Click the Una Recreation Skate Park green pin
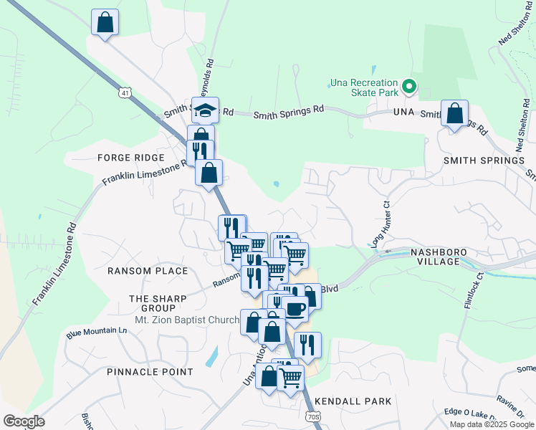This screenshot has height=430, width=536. click(x=409, y=87)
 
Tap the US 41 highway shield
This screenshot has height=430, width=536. click(x=126, y=93)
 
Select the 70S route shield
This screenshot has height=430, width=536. click(x=312, y=416)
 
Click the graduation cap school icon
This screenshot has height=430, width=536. click(x=205, y=111)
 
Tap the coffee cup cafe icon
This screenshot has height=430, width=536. click(x=295, y=308)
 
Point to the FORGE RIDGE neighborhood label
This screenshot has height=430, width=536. click(x=131, y=158)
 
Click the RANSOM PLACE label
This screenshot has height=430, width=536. click(x=148, y=271)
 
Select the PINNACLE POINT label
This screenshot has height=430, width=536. click(x=150, y=372)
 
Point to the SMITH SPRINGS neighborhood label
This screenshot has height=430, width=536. click(x=484, y=161)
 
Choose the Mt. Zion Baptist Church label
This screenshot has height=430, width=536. click(x=187, y=320)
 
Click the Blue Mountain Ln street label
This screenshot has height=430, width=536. click(x=96, y=333)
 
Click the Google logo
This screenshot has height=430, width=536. click(x=24, y=421)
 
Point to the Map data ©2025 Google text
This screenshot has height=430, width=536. click(x=491, y=424)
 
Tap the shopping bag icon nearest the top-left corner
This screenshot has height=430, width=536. click(x=105, y=22)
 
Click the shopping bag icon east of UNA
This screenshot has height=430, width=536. click(x=454, y=113)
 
